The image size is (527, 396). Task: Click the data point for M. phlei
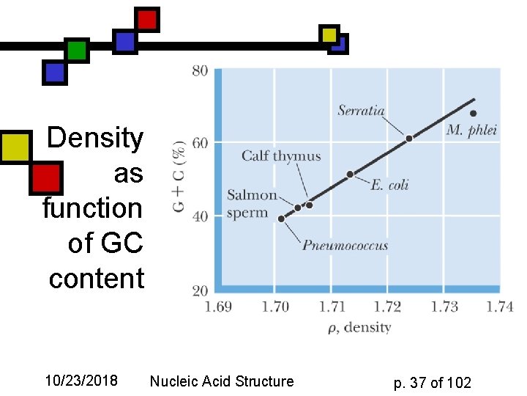[x=473, y=113]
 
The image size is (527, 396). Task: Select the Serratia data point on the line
[x=409, y=138]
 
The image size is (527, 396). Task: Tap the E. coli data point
[x=350, y=174]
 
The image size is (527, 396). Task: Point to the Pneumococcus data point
[x=282, y=219]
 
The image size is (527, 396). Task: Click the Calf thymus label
[x=281, y=155]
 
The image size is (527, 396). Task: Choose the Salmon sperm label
[x=252, y=204]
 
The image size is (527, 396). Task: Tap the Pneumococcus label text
[x=345, y=245]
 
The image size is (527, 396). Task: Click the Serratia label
[x=361, y=111]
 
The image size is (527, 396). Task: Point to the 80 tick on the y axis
[x=200, y=71]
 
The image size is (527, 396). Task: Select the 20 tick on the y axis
[x=200, y=290]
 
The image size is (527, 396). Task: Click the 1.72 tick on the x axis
[x=388, y=306]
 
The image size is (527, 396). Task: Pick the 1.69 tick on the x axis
[x=217, y=306]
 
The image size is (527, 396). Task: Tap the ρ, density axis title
[x=359, y=327]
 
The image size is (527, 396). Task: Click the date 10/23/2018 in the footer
[x=81, y=381]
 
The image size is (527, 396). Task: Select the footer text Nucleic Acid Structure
[x=221, y=381]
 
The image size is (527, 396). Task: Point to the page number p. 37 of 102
[x=432, y=382]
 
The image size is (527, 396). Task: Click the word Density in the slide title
[x=95, y=138]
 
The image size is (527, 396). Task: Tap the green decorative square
[x=76, y=51]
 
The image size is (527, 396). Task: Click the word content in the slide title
[x=97, y=279]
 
